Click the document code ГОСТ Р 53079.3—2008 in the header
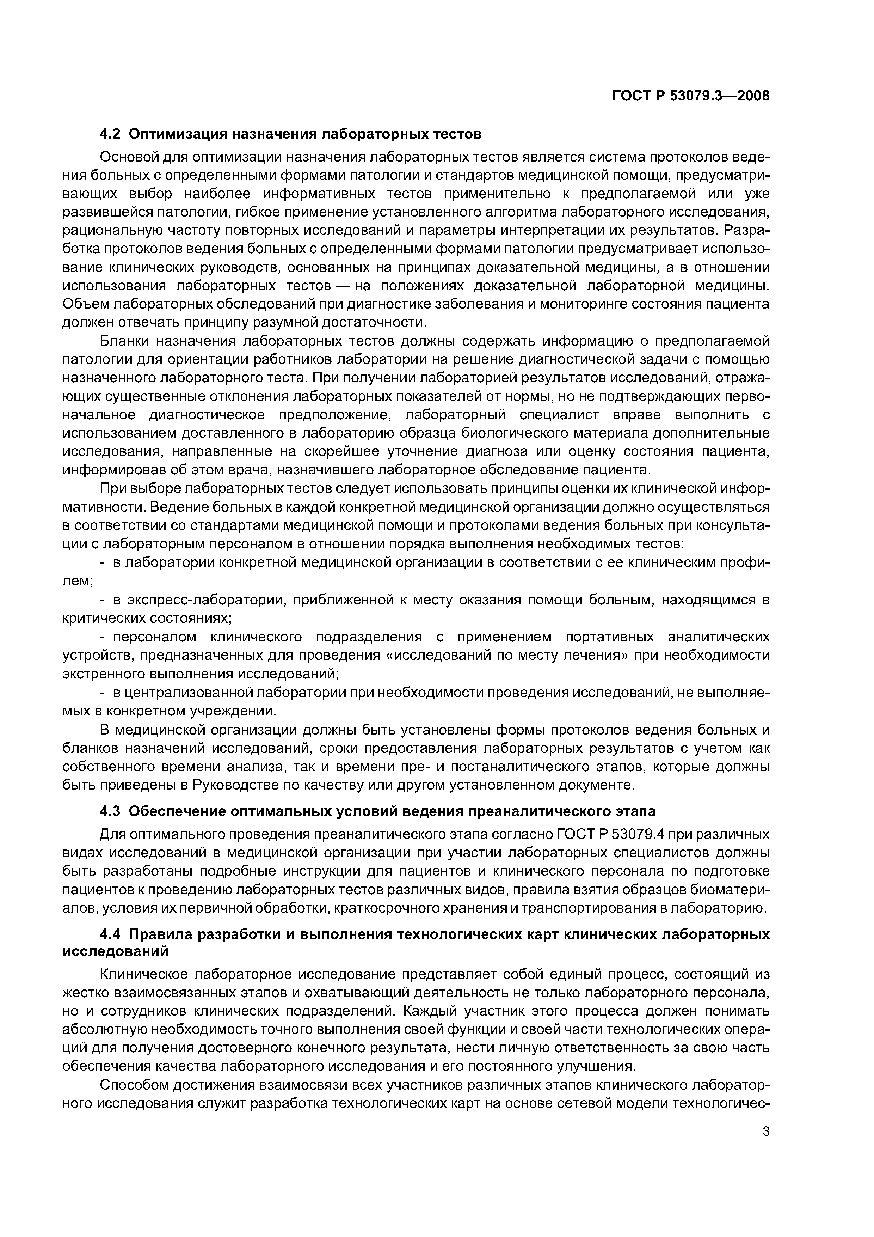[691, 96]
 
